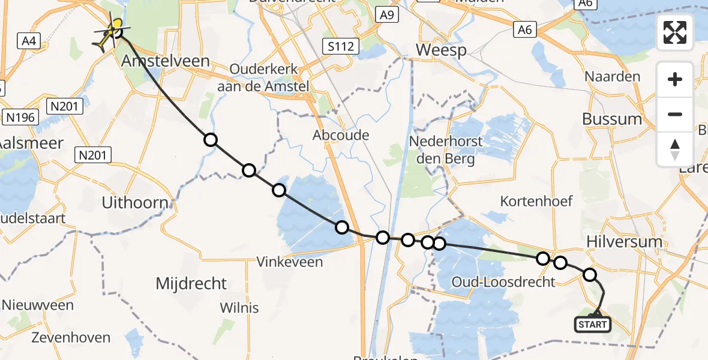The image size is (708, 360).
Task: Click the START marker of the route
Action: (x=593, y=325)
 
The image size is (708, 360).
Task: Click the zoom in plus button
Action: (x=675, y=80)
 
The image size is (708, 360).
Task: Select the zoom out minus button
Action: (x=675, y=115)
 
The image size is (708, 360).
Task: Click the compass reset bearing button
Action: (x=675, y=149)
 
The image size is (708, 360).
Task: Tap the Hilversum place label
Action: (x=625, y=242)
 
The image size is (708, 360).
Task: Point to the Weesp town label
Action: (x=441, y=50)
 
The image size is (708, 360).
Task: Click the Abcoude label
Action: (x=341, y=136)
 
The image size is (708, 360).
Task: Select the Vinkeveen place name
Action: (x=289, y=262)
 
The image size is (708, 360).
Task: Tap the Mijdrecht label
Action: (x=191, y=284)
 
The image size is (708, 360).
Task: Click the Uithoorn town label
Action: (x=135, y=203)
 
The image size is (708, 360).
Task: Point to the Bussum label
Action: (x=612, y=119)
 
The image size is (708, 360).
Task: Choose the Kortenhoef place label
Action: (x=536, y=201)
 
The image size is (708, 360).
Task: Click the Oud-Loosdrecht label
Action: (x=504, y=282)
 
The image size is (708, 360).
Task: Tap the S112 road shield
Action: (x=340, y=46)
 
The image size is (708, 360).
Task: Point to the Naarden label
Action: (x=613, y=77)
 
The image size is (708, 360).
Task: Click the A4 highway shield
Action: (x=28, y=41)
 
